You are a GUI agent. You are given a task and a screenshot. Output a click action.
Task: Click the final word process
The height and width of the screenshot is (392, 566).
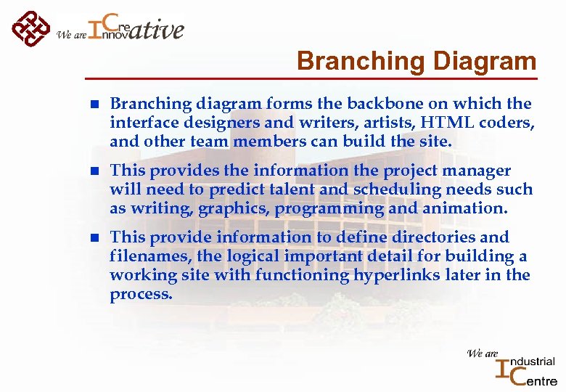tap(141, 294)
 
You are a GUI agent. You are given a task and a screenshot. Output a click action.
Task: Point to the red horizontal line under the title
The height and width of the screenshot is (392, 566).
tap(312, 78)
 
